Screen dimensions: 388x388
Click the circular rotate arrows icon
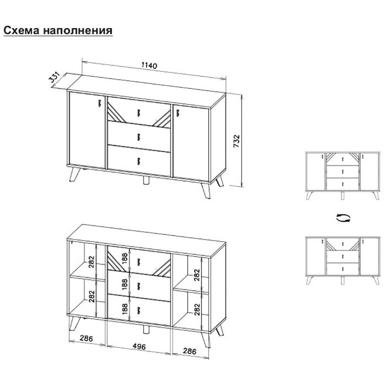point(343,218)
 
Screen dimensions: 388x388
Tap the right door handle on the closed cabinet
point(178,113)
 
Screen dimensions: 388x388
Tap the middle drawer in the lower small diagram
point(343,256)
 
